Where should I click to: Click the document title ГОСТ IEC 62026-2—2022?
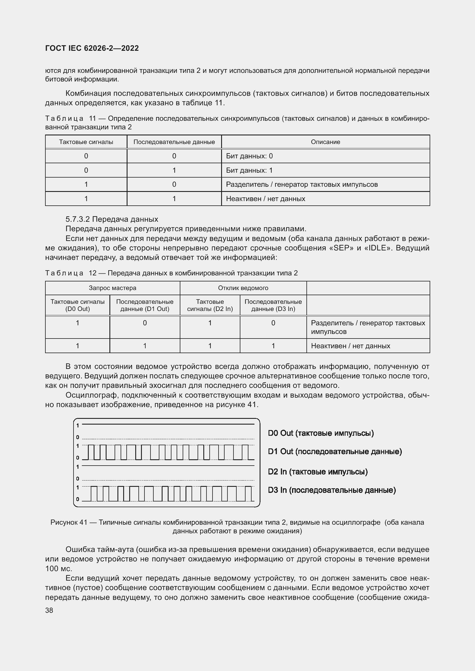[x=92, y=48]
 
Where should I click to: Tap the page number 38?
[x=49, y=610]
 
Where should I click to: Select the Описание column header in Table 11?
[x=325, y=142]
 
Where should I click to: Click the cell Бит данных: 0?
[x=249, y=156]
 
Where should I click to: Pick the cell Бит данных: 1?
[x=249, y=170]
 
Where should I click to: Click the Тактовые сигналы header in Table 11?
[x=86, y=142]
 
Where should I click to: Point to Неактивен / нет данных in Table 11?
[x=266, y=199]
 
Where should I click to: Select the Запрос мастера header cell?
[x=112, y=288]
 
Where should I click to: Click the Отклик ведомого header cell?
[x=243, y=288]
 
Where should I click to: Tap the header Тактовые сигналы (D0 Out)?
[x=77, y=305]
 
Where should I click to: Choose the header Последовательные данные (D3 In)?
[x=273, y=305]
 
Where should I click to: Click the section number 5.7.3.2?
[x=78, y=219]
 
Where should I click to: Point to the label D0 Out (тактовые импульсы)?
[x=320, y=433]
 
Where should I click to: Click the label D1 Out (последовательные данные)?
[x=335, y=452]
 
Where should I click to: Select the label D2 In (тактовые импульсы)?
[x=318, y=472]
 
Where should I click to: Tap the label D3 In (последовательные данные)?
[x=332, y=490]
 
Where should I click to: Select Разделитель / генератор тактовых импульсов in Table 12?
[x=368, y=327]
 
